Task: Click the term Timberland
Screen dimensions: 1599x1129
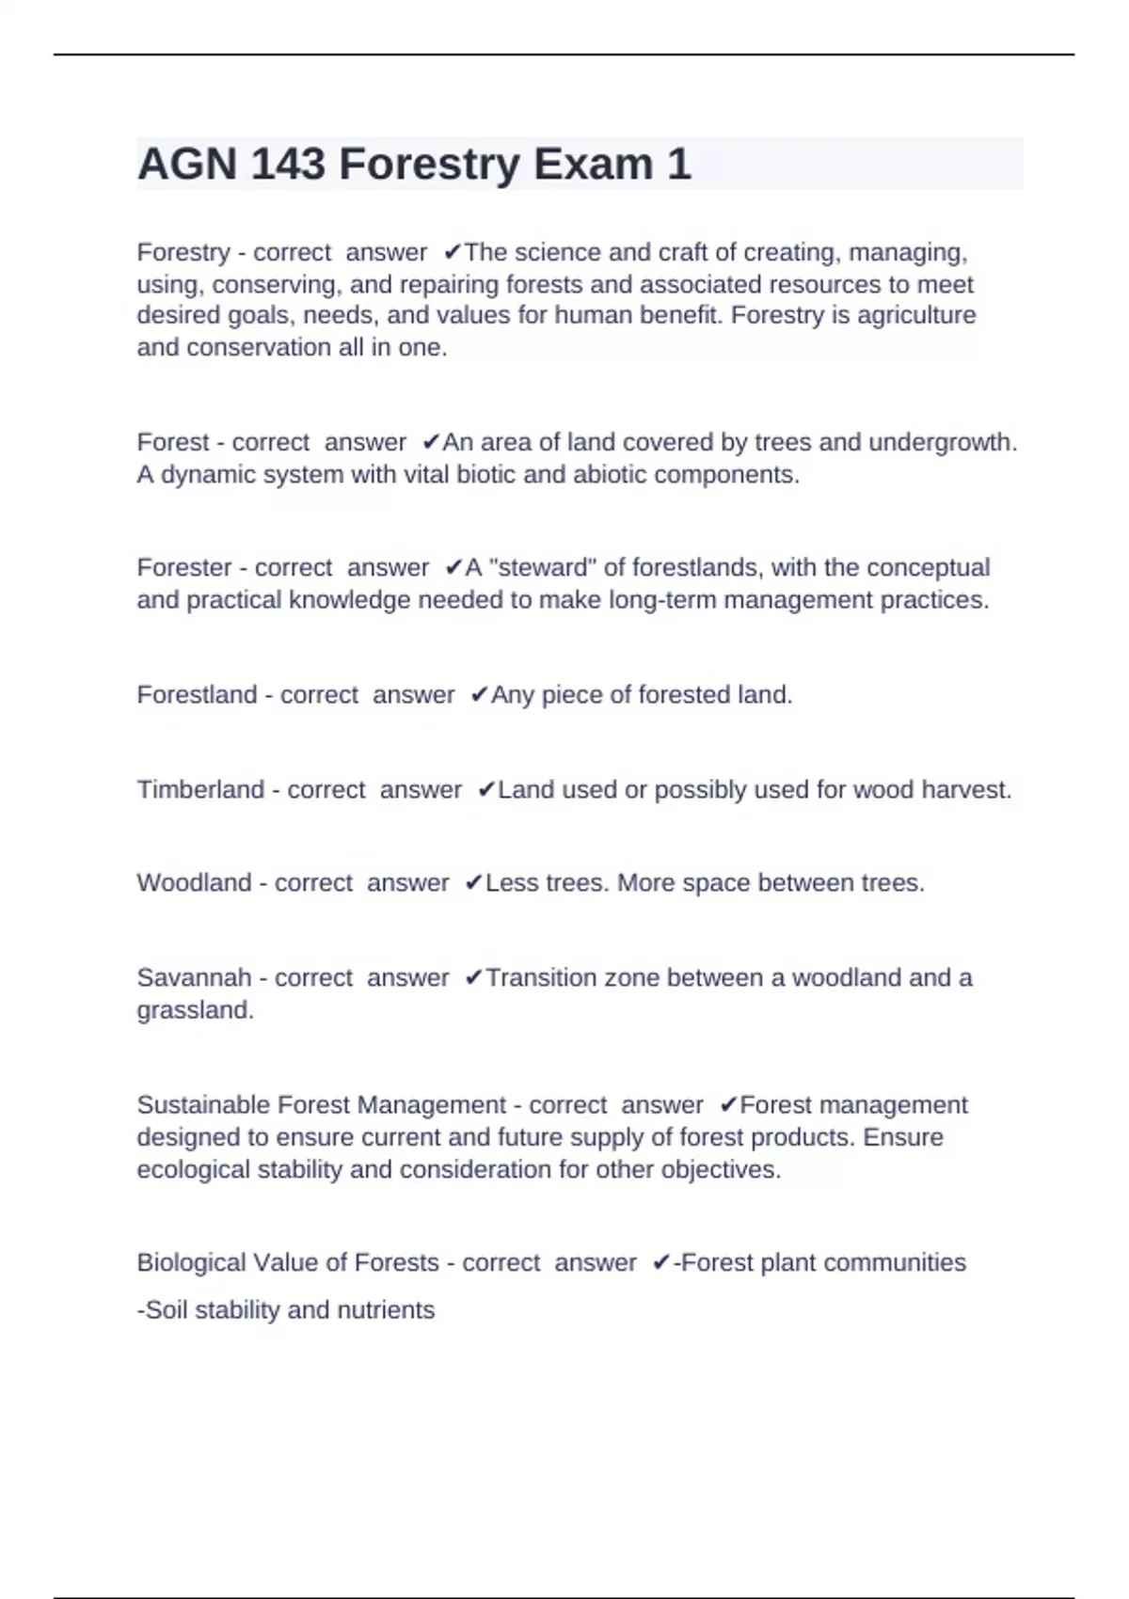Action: pos(200,790)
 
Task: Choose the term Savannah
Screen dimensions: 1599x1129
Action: pos(194,978)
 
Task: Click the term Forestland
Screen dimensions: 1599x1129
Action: pos(197,695)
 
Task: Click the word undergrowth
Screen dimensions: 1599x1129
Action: pos(942,442)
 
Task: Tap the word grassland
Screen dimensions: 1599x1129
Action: pos(195,1010)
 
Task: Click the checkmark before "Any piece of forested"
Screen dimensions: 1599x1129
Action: pos(479,695)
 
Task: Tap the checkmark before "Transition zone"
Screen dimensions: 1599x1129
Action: pos(473,978)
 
